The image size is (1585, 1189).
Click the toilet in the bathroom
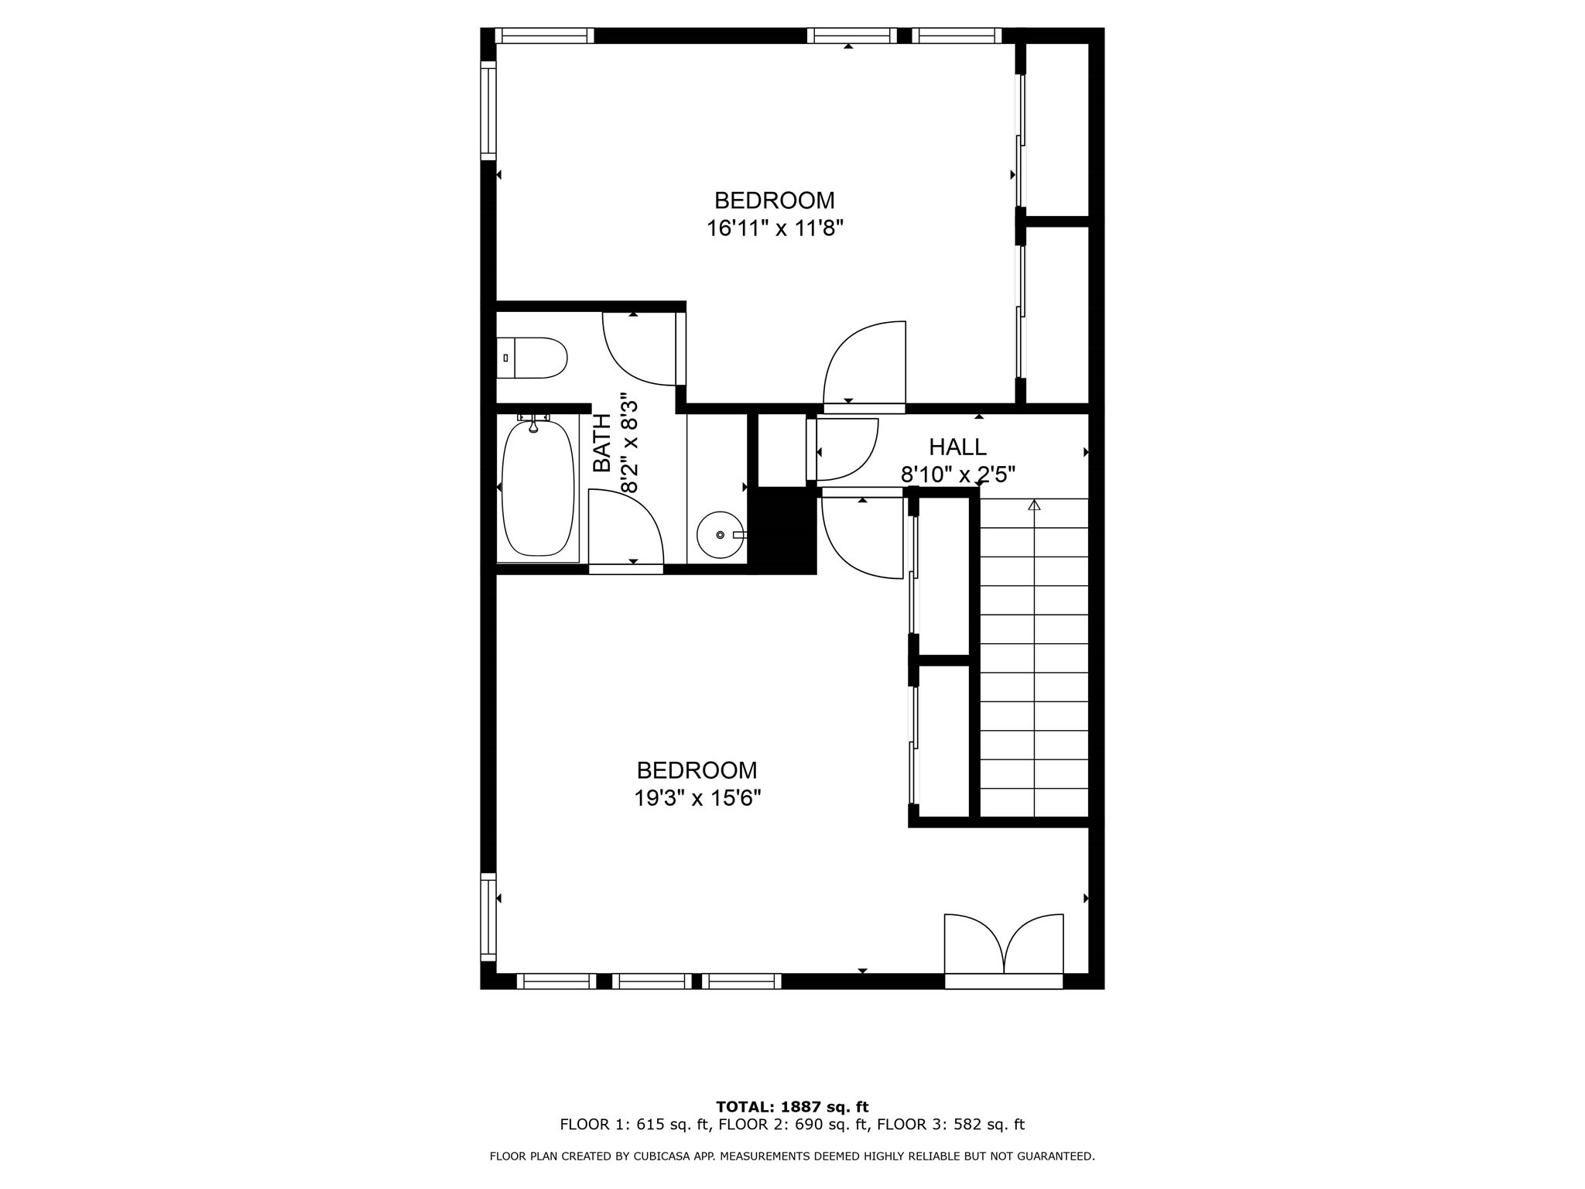pos(532,358)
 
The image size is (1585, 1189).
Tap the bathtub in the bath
pos(538,488)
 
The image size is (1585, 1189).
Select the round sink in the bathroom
pos(720,534)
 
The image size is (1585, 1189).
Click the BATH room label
pos(602,443)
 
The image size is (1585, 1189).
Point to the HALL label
pos(957,447)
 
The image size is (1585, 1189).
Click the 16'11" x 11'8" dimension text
pos(774,228)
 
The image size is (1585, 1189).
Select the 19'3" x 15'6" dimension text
pos(697,798)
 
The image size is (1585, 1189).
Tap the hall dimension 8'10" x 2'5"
pos(957,475)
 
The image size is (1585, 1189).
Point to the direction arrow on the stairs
pos(1034,505)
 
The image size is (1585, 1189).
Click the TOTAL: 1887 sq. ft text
pos(792,1107)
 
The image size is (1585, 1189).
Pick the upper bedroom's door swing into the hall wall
pos(864,364)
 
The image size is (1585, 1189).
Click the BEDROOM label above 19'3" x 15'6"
pos(697,770)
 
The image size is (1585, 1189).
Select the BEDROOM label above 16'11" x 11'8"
pos(774,200)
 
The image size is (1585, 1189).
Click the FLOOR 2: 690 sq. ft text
pos(792,1125)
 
